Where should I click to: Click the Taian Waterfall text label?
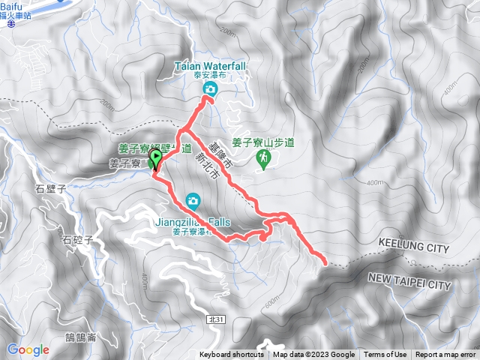click(x=210, y=66)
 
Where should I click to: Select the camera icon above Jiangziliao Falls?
click(x=193, y=200)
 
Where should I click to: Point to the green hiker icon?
click(x=263, y=157)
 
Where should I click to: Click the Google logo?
click(x=28, y=349)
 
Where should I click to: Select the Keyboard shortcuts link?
click(x=231, y=355)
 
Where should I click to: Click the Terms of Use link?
click(x=385, y=355)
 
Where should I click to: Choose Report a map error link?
click(x=446, y=355)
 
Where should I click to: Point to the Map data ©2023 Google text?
click(x=314, y=355)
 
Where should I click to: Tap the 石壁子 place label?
click(x=51, y=190)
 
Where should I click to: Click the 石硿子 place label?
click(x=77, y=240)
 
